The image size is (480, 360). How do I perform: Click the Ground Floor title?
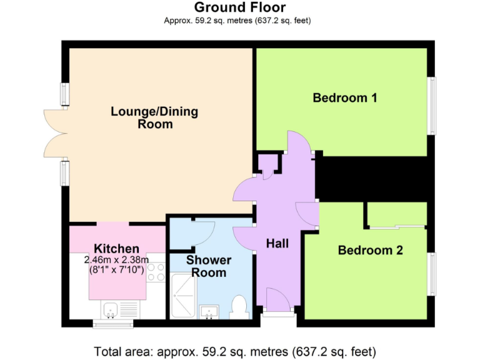tap(240, 7)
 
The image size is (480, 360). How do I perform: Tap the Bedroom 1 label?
tap(344, 97)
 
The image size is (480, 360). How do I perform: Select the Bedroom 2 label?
tap(370, 250)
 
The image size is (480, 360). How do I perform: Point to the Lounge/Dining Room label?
tap(154, 117)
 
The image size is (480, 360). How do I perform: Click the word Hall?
tap(277, 243)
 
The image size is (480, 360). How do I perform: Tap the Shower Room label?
tap(209, 266)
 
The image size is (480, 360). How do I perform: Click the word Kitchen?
tap(116, 249)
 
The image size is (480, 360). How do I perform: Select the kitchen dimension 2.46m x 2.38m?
tap(116, 260)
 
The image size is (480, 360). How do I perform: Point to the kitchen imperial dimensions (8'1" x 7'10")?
tap(116, 270)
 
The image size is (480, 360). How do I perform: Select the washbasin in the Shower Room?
tap(209, 311)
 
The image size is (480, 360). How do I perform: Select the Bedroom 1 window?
tap(431, 105)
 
